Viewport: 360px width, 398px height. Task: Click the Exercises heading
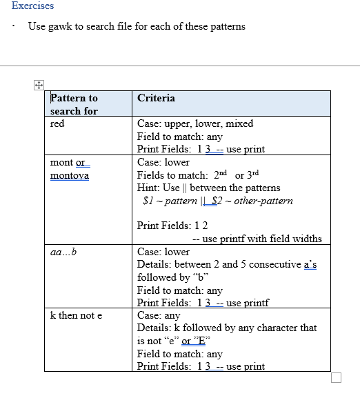coord(32,6)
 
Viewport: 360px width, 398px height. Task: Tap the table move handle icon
coord(39,85)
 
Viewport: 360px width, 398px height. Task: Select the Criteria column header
coord(156,98)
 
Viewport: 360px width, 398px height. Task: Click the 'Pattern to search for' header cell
coord(74,104)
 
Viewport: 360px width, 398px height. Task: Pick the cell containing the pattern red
coord(57,124)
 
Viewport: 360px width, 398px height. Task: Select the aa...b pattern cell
coord(63,251)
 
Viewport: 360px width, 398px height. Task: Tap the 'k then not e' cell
coord(76,315)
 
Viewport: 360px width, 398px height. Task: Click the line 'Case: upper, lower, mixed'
coord(195,124)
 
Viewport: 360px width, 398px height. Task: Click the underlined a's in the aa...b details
coord(310,264)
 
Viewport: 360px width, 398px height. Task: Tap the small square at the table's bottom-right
coord(336,377)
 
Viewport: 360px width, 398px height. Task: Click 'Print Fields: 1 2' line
coord(172,226)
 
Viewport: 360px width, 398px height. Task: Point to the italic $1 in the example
coord(147,201)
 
